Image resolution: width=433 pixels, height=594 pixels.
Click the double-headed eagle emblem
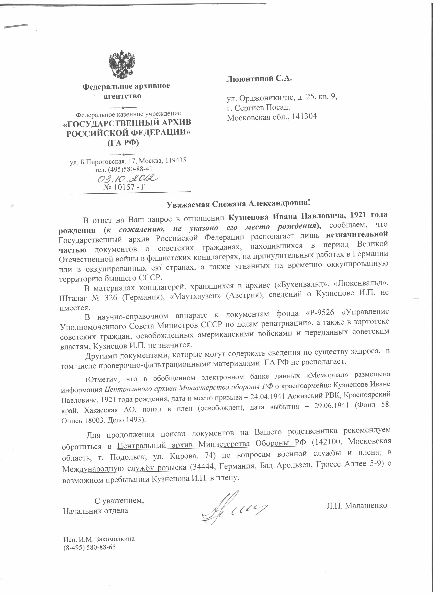pos(122,64)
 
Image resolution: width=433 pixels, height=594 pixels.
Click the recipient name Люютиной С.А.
pos(259,79)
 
